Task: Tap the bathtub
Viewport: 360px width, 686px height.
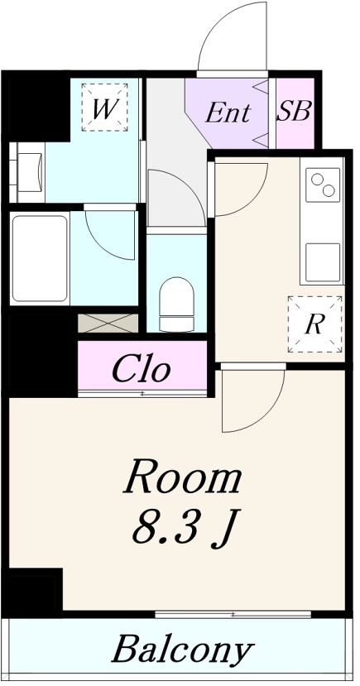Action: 40,258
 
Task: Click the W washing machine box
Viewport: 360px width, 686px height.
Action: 104,108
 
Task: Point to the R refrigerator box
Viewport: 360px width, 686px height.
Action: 314,324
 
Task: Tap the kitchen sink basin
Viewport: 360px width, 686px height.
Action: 323,262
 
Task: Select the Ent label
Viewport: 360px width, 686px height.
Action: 228,113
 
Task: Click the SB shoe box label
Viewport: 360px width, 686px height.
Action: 295,111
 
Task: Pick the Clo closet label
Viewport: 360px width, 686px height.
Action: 141,370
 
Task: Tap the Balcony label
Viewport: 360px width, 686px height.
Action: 183,649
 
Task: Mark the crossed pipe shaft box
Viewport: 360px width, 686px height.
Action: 108,323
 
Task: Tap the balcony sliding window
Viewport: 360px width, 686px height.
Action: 233,615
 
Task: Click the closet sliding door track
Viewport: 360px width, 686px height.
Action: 142,393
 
